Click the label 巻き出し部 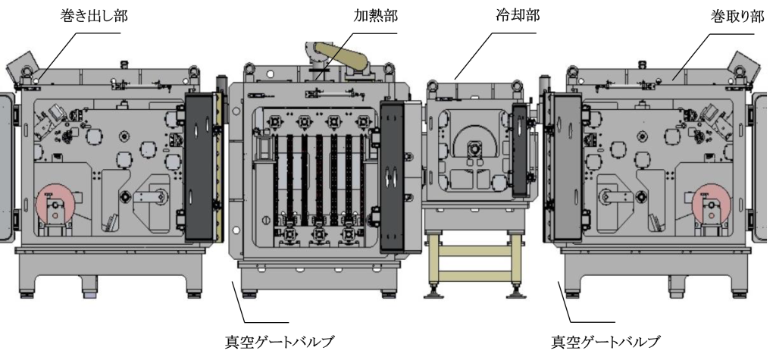click(x=93, y=17)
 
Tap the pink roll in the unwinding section click(x=55, y=202)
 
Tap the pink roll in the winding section click(x=711, y=202)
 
